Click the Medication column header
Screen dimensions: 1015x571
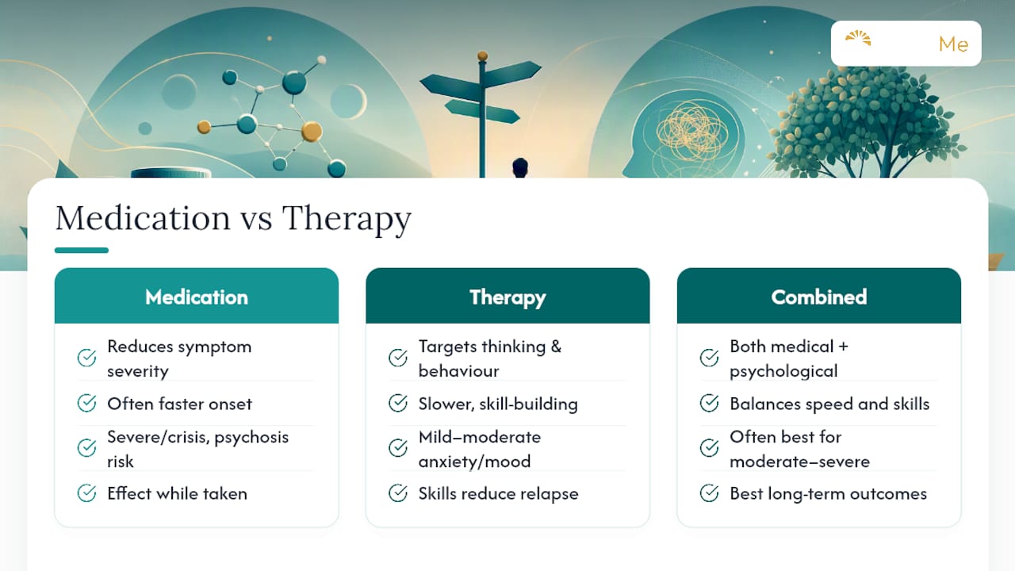(196, 296)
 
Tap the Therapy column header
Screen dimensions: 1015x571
(507, 296)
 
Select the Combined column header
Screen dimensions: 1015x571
(819, 296)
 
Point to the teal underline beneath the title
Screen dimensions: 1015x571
(82, 250)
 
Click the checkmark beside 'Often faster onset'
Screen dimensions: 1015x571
(86, 403)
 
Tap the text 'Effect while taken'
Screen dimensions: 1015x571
(177, 493)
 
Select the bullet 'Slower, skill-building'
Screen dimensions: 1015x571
(498, 404)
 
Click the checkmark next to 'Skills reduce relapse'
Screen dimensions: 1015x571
(398, 493)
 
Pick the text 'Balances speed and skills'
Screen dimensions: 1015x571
(829, 404)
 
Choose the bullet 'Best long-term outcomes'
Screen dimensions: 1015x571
(829, 493)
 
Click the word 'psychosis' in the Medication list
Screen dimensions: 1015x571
(251, 438)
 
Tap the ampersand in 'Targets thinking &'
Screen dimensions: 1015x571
(556, 347)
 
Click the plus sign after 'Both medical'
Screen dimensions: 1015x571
(843, 347)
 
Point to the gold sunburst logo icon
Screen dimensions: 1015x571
(858, 38)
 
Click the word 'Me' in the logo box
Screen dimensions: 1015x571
(953, 44)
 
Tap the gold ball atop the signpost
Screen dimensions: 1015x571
(483, 56)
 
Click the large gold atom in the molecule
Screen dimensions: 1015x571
(312, 132)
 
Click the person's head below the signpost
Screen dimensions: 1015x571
(520, 167)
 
